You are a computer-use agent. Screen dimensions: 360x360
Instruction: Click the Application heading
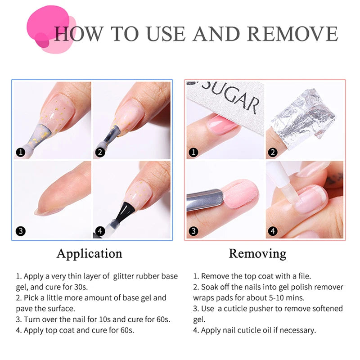(89, 253)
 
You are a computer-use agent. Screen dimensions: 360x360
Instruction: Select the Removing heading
(257, 253)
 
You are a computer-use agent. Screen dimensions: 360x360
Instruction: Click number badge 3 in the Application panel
(20, 232)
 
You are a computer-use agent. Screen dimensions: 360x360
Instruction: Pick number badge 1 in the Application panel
(20, 152)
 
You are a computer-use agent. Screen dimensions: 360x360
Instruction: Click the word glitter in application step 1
(126, 276)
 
